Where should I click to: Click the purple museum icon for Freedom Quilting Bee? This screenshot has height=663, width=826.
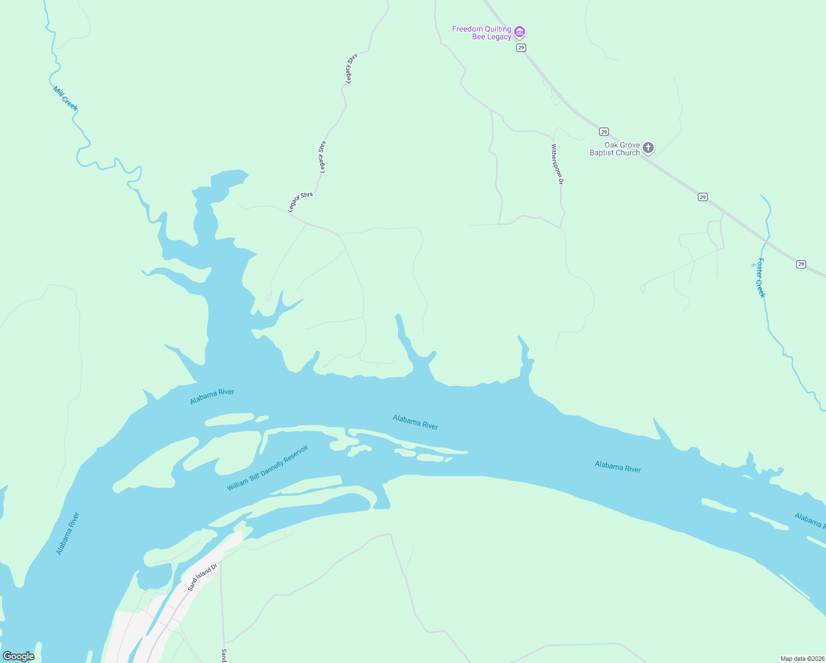click(x=520, y=32)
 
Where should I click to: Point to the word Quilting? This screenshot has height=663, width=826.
click(x=496, y=29)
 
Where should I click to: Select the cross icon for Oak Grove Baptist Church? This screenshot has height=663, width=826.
click(x=648, y=148)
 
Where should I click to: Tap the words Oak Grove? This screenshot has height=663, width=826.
click(x=622, y=145)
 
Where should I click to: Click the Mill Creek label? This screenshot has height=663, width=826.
click(x=65, y=98)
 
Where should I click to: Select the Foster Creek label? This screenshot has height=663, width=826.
click(x=761, y=278)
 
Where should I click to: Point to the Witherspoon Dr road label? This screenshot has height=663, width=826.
click(x=557, y=164)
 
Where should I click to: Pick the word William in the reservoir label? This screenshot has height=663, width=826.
click(x=238, y=485)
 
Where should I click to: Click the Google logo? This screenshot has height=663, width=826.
click(x=19, y=656)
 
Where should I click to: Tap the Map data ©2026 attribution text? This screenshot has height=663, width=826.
click(x=802, y=659)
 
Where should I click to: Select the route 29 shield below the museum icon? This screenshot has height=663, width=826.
click(x=521, y=48)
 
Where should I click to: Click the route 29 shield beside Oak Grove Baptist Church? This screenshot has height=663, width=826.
click(x=604, y=132)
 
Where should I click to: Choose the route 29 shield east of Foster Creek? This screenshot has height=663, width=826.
click(x=801, y=265)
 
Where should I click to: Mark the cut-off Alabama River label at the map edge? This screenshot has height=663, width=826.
click(x=809, y=520)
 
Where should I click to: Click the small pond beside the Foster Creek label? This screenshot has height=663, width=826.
click(x=754, y=265)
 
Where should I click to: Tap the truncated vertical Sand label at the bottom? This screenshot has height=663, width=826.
click(x=224, y=655)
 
